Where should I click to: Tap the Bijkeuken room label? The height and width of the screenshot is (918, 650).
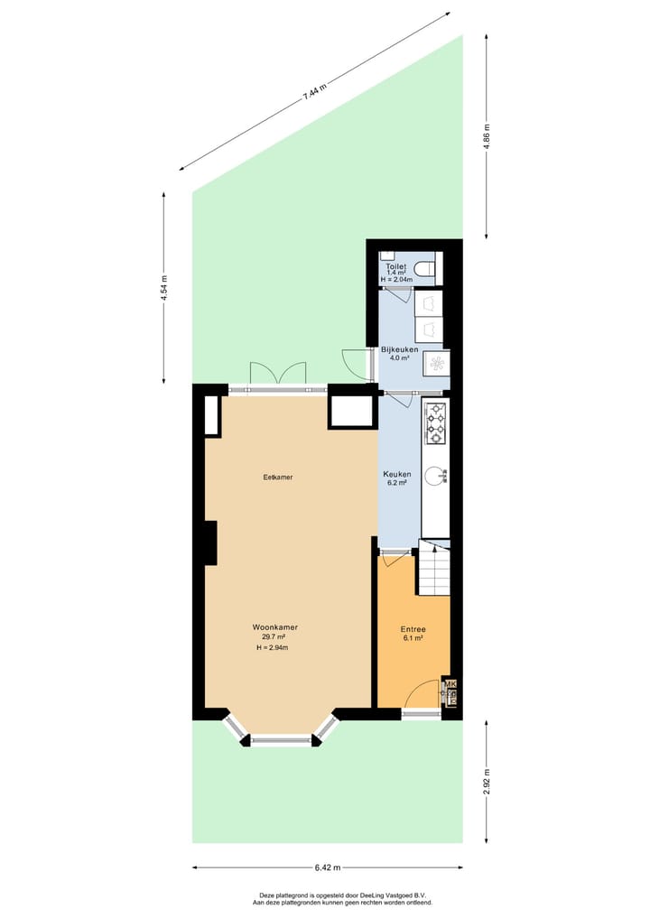[x=398, y=348]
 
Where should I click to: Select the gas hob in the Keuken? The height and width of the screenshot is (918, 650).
[x=435, y=423]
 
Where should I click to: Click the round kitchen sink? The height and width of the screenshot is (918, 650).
[x=435, y=475]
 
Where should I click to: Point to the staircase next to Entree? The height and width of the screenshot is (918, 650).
[x=433, y=569]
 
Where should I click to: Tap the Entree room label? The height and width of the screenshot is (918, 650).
[x=413, y=629]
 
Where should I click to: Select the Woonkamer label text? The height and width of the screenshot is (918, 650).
[x=275, y=626]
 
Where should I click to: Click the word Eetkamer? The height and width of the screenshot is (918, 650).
[x=278, y=478]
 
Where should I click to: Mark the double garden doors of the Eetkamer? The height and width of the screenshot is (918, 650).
[x=278, y=375]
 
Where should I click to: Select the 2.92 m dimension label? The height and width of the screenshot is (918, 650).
[x=487, y=780]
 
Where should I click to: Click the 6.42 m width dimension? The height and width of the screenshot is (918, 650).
[x=327, y=867]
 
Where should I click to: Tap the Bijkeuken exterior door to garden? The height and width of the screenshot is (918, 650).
[x=354, y=362]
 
